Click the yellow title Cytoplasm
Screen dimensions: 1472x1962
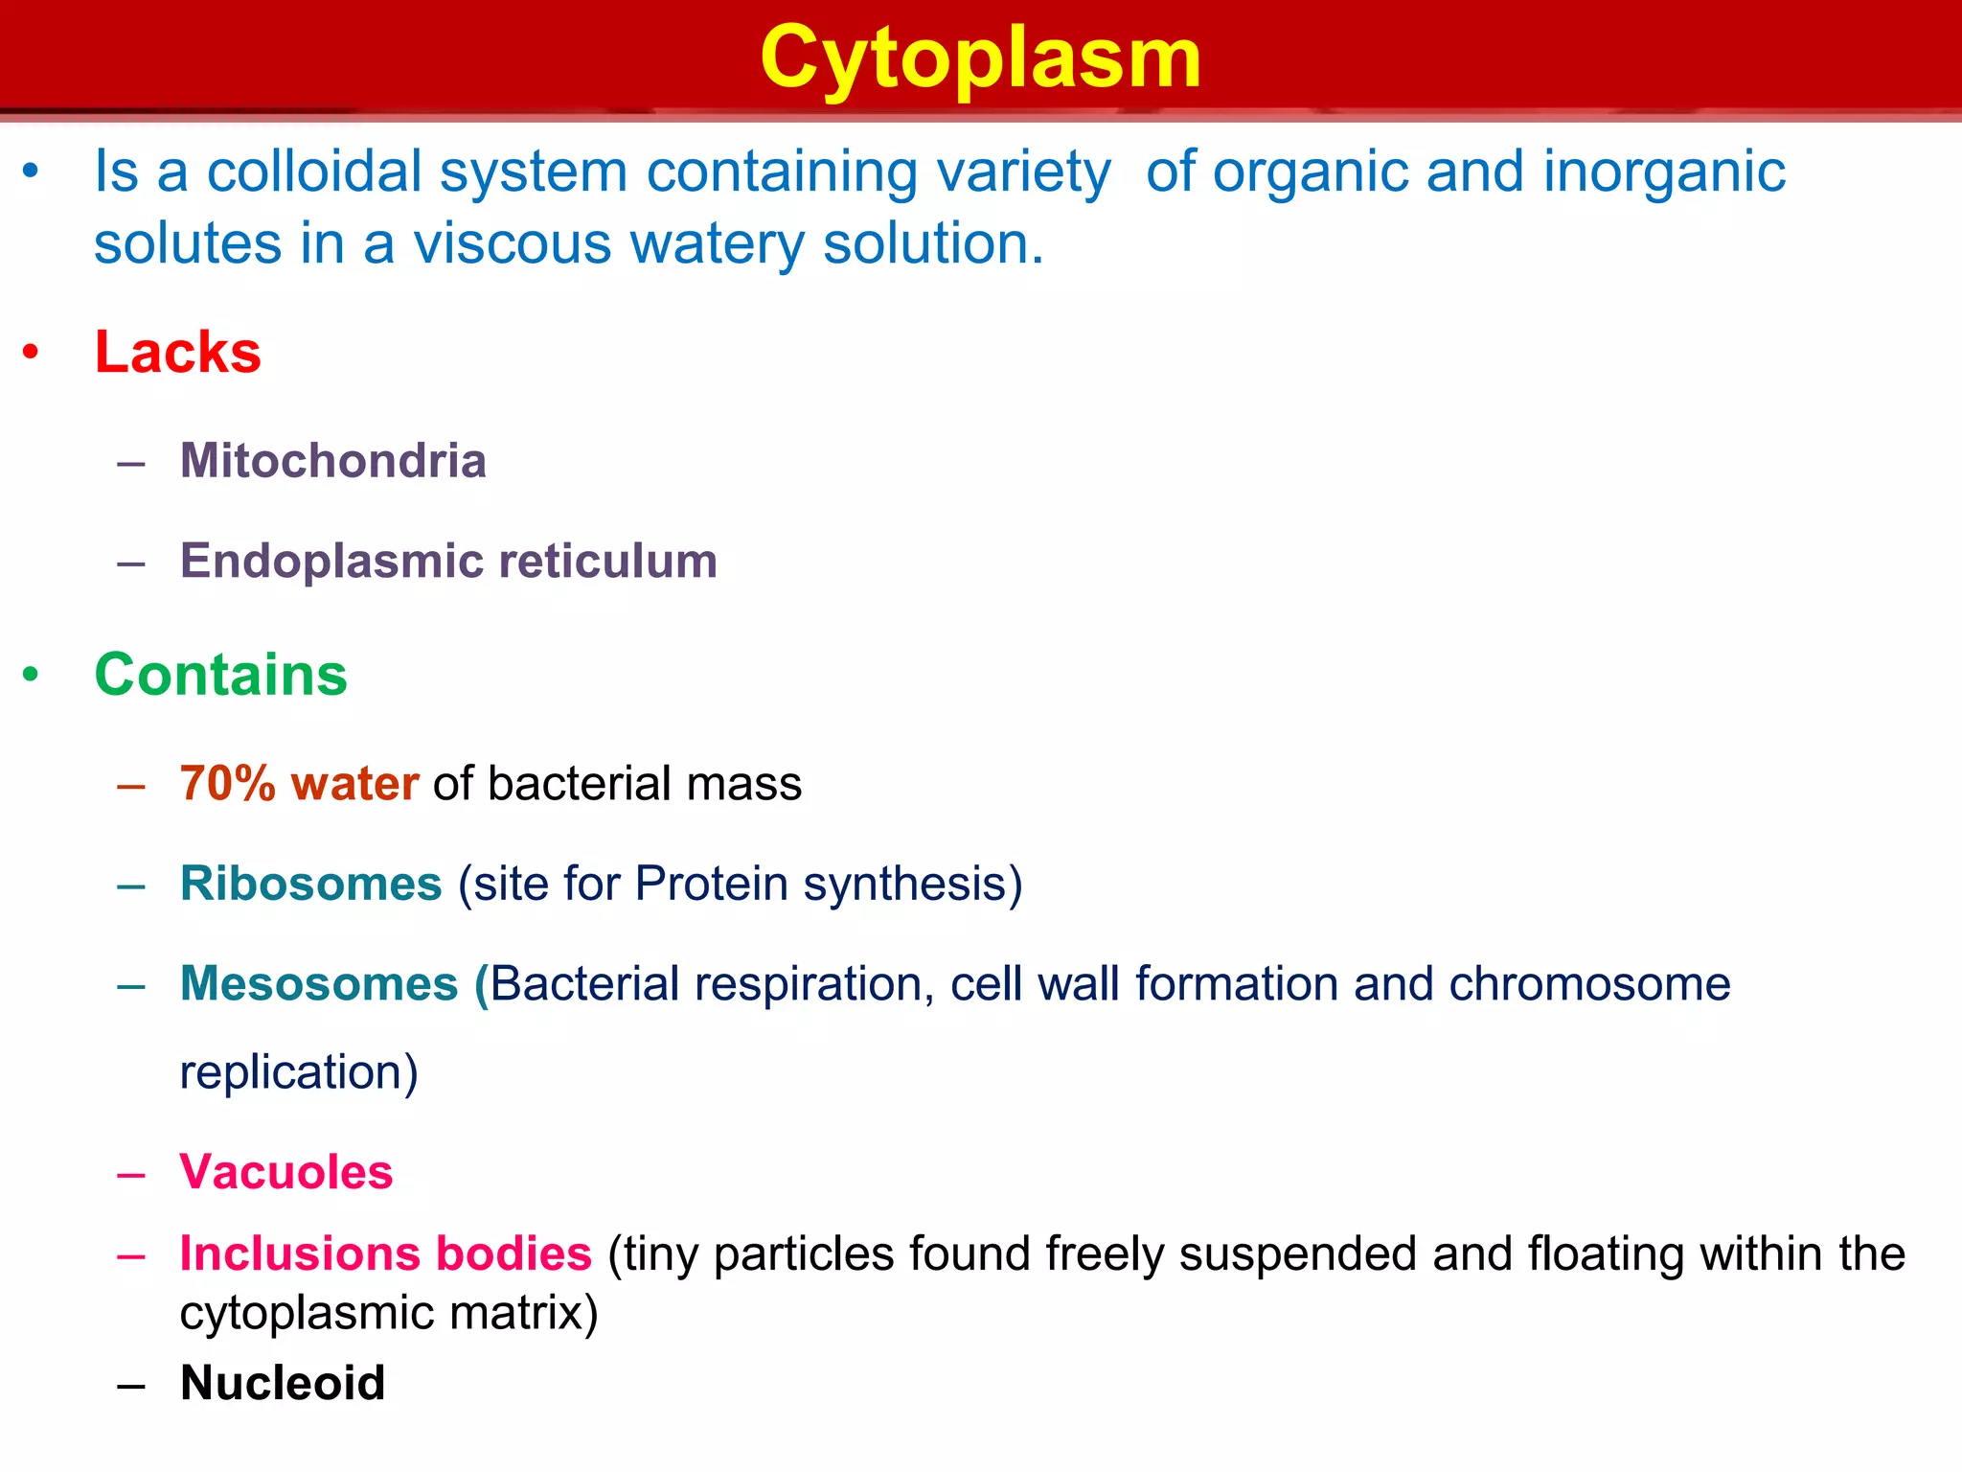pos(980,59)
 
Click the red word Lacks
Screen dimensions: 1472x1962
pos(177,352)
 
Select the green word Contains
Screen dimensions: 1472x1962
pos(220,675)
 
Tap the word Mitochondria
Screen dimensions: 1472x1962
pos(332,461)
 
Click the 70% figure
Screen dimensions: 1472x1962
pos(228,784)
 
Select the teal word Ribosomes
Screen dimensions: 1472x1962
pos(310,884)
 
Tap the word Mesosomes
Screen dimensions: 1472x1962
pos(319,984)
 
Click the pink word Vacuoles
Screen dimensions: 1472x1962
pos(285,1172)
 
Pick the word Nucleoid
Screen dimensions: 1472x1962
pos(283,1383)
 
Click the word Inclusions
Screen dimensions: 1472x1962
pos(299,1253)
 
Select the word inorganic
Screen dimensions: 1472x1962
pos(1664,172)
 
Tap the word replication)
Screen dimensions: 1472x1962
pos(299,1072)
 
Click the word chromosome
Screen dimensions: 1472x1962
pos(1589,984)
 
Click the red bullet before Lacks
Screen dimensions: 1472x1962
pos(32,353)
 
